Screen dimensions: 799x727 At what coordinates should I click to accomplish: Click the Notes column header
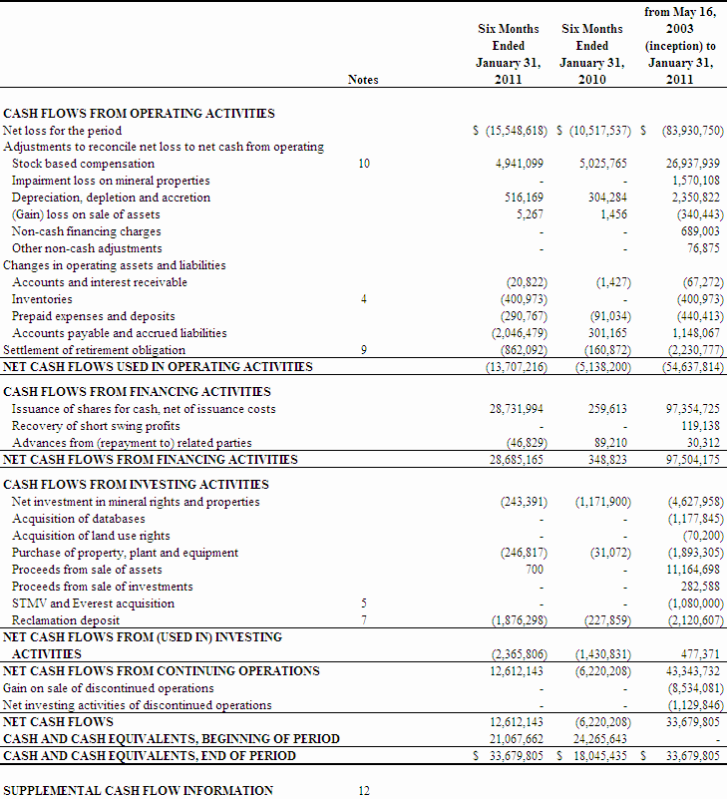click(x=363, y=80)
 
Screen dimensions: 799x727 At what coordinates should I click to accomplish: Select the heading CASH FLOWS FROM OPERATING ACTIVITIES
click(x=139, y=114)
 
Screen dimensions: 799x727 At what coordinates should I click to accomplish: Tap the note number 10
click(x=363, y=164)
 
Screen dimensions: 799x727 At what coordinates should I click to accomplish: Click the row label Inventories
click(x=42, y=299)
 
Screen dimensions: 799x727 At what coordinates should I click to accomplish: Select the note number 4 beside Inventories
click(x=363, y=299)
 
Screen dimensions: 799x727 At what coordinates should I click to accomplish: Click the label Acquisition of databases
click(x=78, y=519)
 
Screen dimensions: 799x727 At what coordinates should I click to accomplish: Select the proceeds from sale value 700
click(x=535, y=570)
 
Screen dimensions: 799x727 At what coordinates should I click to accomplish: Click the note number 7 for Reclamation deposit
click(x=363, y=620)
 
